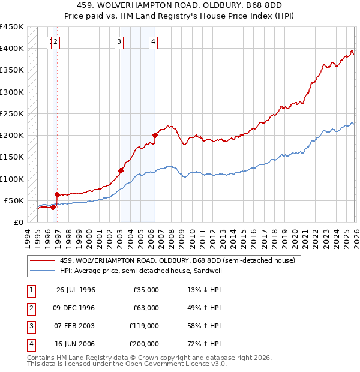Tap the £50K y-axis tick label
pyautogui.click(x=14, y=200)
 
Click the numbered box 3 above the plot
pyautogui.click(x=119, y=41)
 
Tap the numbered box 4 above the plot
pyautogui.click(x=154, y=41)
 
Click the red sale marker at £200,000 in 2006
pyautogui.click(x=155, y=135)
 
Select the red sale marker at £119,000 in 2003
pyautogui.click(x=121, y=170)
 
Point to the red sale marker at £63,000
pyautogui.click(x=57, y=194)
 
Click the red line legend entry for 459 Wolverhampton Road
pyautogui.click(x=177, y=261)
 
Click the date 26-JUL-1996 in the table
pyautogui.click(x=76, y=290)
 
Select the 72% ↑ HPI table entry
pyautogui.click(x=204, y=344)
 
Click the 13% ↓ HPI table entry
pyautogui.click(x=204, y=290)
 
